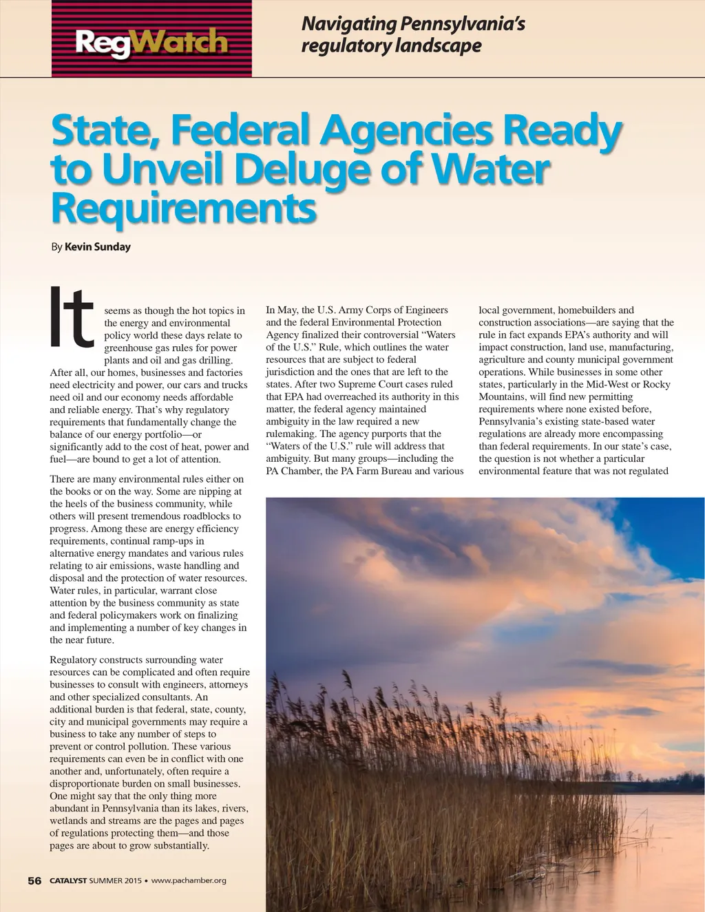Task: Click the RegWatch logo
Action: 151,41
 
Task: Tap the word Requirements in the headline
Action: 184,208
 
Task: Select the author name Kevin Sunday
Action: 97,246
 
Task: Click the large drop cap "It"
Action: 72,318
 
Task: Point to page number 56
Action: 34,880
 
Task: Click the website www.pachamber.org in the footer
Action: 189,880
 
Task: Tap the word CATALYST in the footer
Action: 68,880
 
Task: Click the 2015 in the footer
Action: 133,880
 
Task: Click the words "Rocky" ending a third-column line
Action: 656,384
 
